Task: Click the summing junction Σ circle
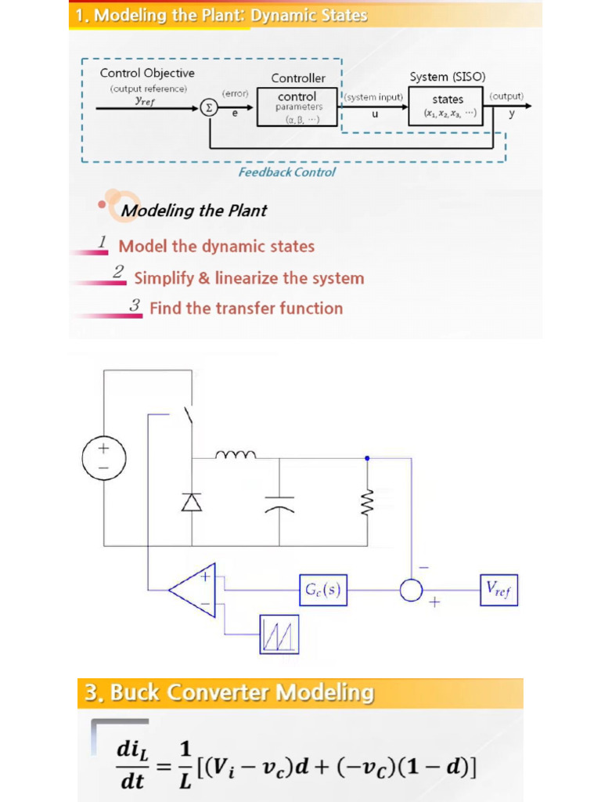click(208, 107)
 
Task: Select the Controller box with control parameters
click(297, 107)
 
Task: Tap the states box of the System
click(445, 106)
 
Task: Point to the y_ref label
click(145, 101)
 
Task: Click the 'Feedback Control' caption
click(286, 172)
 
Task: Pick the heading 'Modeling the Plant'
click(194, 210)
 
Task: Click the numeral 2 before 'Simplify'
click(119, 271)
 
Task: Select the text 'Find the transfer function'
click(247, 309)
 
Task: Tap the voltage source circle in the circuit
click(104, 457)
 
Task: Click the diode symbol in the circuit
click(192, 502)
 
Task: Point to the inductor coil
click(236, 454)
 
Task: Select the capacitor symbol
click(279, 504)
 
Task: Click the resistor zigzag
click(368, 500)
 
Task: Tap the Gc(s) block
click(323, 590)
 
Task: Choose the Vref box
click(498, 590)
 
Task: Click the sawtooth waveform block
click(279, 634)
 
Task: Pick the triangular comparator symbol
click(193, 590)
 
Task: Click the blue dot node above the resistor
click(368, 458)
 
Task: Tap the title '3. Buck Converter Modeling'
click(229, 692)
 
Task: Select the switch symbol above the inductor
click(189, 414)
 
